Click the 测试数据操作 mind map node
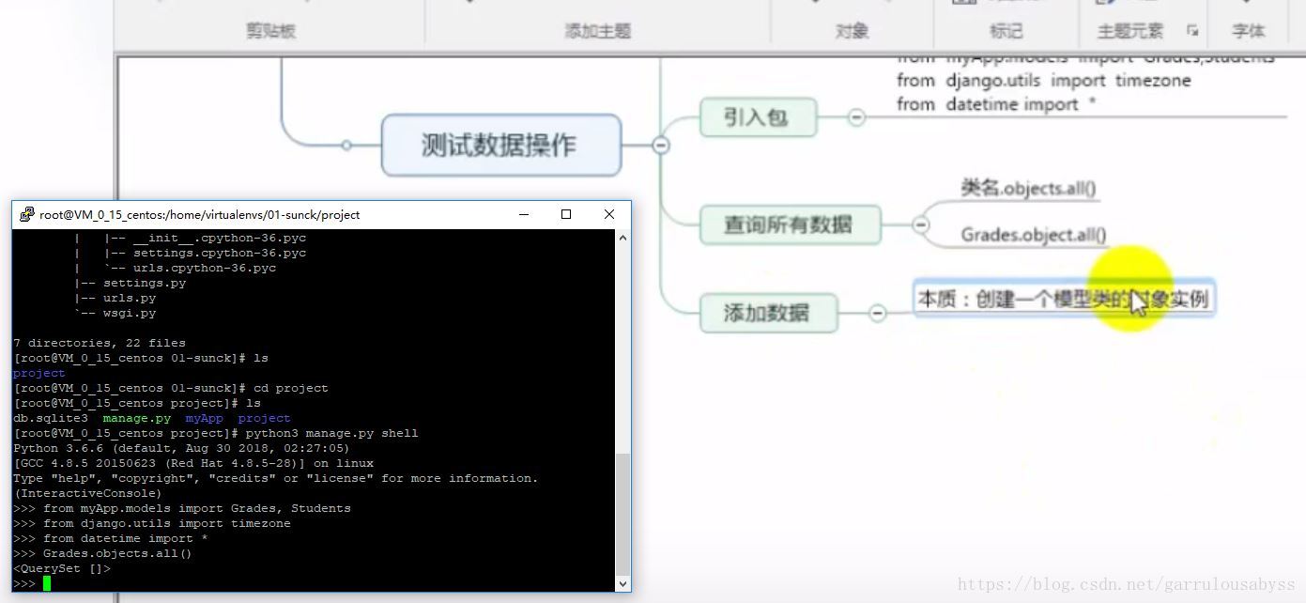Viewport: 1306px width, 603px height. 500,146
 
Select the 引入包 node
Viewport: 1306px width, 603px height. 757,118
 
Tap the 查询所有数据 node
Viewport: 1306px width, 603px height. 789,224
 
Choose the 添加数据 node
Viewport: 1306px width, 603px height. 767,313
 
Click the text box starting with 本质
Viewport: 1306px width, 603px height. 1063,300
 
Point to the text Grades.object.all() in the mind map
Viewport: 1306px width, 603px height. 1033,235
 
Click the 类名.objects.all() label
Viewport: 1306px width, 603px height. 1028,188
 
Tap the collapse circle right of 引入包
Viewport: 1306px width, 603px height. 856,117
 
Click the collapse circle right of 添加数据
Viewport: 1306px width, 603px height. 877,313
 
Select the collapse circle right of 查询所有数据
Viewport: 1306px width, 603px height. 921,224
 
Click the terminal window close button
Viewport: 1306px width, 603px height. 608,214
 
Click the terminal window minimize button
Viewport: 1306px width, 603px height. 523,214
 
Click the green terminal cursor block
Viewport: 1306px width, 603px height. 46,583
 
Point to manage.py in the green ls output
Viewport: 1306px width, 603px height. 137,418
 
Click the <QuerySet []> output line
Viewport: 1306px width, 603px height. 62,568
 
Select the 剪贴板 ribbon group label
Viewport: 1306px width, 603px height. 270,31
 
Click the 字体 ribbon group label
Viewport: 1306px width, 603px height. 1248,31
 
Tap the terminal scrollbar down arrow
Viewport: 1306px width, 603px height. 623,583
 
